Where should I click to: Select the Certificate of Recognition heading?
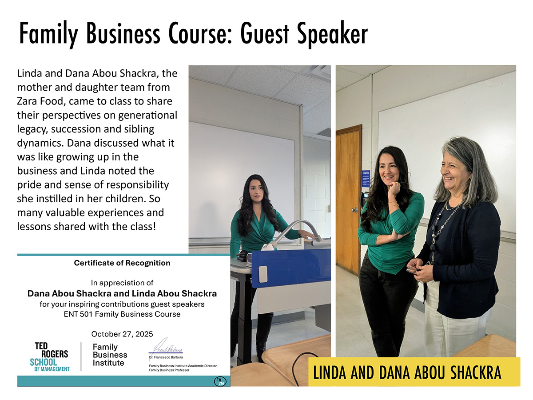pos(122,263)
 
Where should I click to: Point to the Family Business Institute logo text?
pos(110,355)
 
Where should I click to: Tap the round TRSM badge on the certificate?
pos(220,381)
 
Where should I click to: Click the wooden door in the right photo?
pos(349,200)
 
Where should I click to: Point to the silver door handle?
pos(354,210)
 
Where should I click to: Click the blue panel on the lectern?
pos(291,268)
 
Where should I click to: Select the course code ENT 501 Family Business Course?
pos(122,314)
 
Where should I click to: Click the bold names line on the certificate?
pos(122,293)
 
